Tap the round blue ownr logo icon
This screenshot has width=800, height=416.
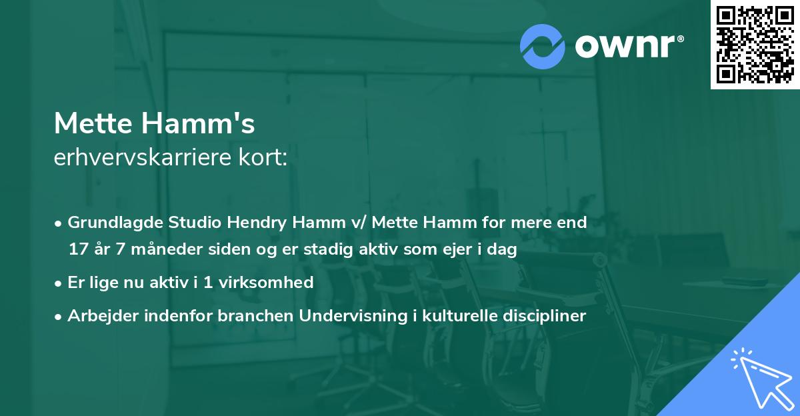pyautogui.click(x=542, y=45)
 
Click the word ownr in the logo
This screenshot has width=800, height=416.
pyautogui.click(x=627, y=45)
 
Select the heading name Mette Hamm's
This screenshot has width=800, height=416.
pyautogui.click(x=154, y=124)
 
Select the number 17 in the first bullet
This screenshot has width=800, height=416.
pyautogui.click(x=77, y=250)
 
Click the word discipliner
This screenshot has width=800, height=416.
pyautogui.click(x=547, y=316)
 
